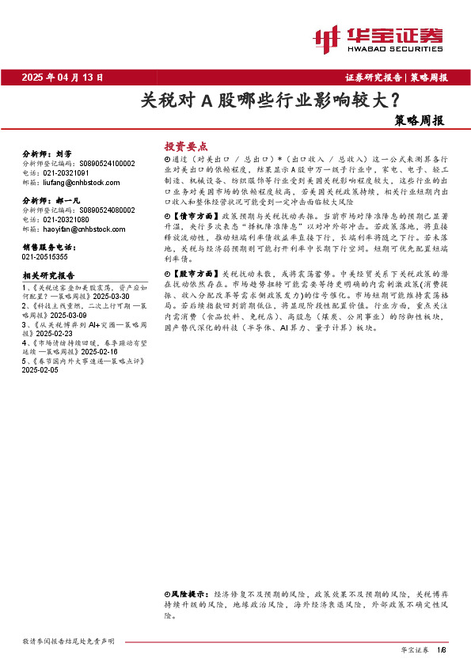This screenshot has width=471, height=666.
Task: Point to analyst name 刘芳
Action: (65, 155)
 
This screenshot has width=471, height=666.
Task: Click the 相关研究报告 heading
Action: (48, 275)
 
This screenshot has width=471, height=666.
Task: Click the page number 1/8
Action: (442, 649)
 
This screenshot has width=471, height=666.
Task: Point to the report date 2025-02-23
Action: (41, 333)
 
